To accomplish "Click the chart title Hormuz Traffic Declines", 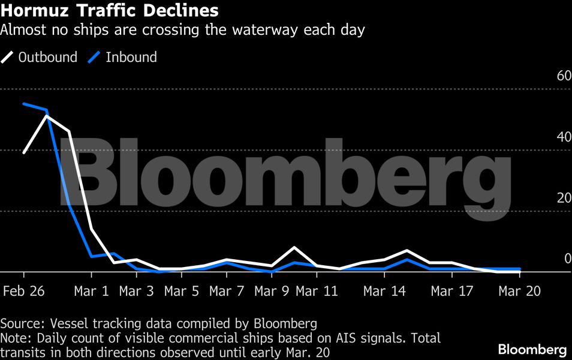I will [x=109, y=11].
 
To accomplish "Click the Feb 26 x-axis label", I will [x=24, y=291].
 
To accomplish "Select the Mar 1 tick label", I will [x=92, y=291].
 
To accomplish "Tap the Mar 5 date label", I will [x=182, y=291].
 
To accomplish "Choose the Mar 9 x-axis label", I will [x=272, y=291].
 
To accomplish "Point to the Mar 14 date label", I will [x=384, y=291].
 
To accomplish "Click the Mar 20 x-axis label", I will [x=519, y=291].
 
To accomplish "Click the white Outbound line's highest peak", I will [x=47, y=116].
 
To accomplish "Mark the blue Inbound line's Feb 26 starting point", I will [x=24, y=104].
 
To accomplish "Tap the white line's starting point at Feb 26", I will [x=24, y=152].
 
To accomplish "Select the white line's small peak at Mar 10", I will [x=294, y=247].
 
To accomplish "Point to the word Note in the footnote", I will [x=13, y=338].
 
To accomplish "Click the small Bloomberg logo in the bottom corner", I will [x=532, y=349].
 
